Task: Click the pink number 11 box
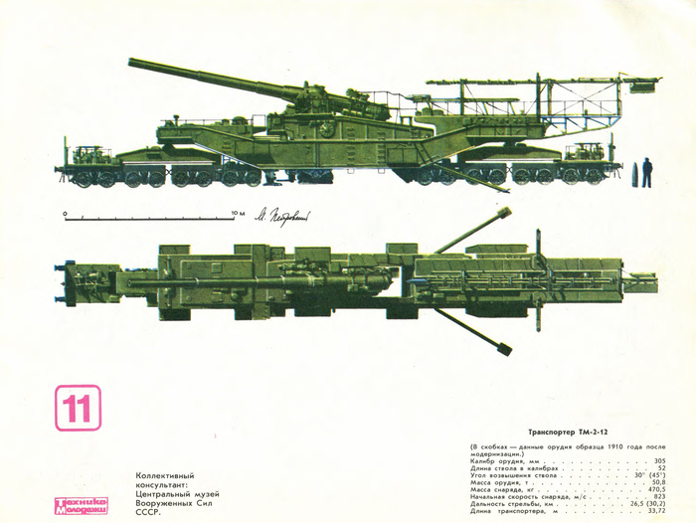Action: click(78, 408)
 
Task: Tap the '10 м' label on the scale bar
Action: click(237, 213)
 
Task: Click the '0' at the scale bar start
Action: click(65, 213)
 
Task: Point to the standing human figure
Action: click(646, 171)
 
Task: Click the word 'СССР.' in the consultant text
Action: click(147, 513)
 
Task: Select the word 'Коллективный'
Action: click(164, 475)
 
